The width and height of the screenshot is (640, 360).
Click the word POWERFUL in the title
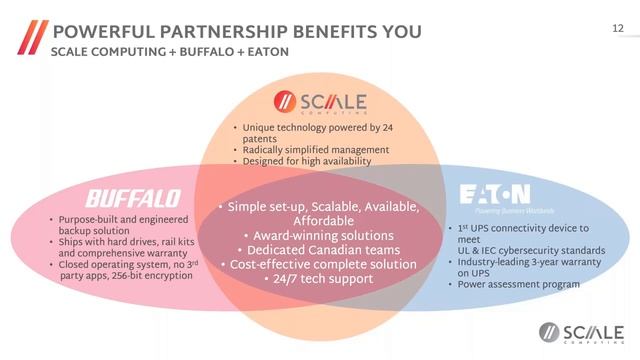(x=98, y=30)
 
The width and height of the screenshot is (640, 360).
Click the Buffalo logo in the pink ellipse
(x=132, y=197)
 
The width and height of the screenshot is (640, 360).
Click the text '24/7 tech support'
(x=322, y=279)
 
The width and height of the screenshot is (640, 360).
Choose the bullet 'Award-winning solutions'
(x=321, y=235)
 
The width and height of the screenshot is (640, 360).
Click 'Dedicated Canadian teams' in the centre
(x=321, y=250)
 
